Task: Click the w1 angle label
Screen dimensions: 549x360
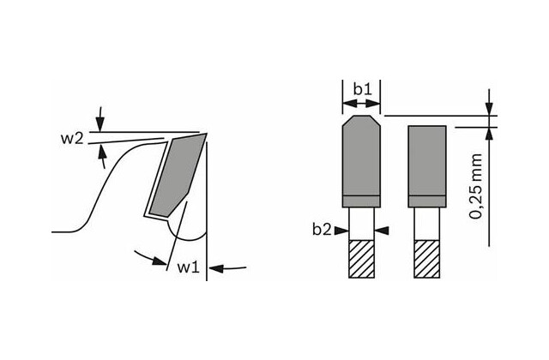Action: pyautogui.click(x=188, y=267)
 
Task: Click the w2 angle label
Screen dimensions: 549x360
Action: pyautogui.click(x=72, y=139)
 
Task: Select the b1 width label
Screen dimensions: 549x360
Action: pyautogui.click(x=362, y=89)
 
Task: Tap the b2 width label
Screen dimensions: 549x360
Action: pyautogui.click(x=322, y=230)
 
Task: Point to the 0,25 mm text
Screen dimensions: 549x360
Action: pyautogui.click(x=476, y=186)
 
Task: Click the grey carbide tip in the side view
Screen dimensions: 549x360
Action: pyautogui.click(x=177, y=175)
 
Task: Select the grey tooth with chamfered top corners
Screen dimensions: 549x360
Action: pyautogui.click(x=361, y=161)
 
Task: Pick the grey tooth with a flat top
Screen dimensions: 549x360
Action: pyautogui.click(x=427, y=166)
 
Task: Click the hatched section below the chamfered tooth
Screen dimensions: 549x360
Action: pyautogui.click(x=361, y=259)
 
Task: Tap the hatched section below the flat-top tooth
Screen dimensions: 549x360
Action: pyautogui.click(x=427, y=259)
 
